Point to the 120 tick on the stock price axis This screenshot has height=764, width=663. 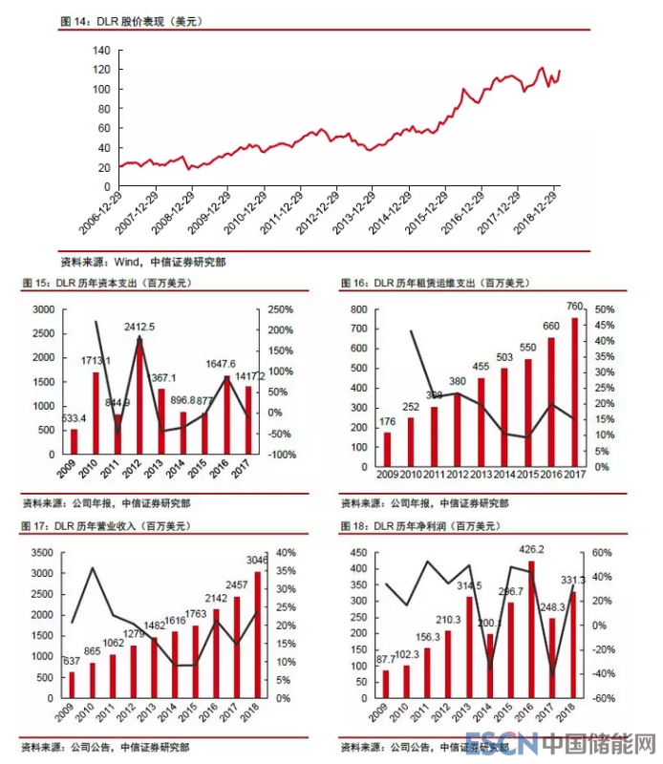[x=102, y=70]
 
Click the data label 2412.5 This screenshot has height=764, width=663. [x=139, y=328]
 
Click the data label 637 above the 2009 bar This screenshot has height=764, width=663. [x=71, y=661]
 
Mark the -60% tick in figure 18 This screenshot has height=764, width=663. [x=603, y=698]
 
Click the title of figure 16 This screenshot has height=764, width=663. [x=434, y=284]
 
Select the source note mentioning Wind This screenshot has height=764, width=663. [x=143, y=260]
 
